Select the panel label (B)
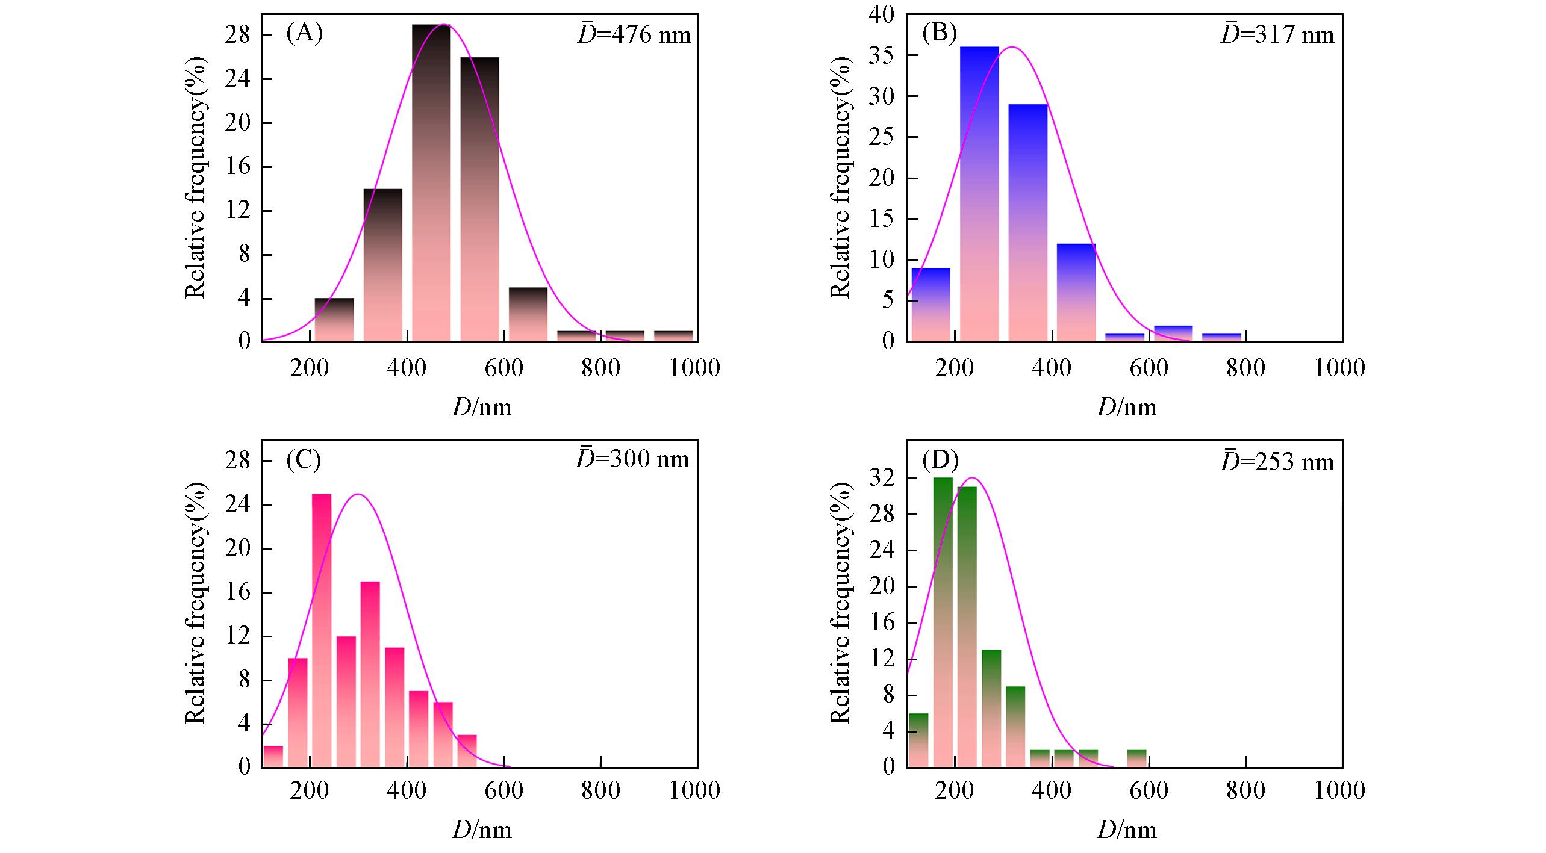point(940,34)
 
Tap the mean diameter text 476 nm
point(634,35)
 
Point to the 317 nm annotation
point(1277,35)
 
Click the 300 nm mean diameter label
point(632,459)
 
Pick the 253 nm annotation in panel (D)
point(1277,462)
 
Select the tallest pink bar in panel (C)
point(322,630)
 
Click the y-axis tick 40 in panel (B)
point(881,14)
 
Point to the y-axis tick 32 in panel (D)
point(881,479)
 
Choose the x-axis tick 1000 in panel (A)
point(694,368)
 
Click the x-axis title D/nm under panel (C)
point(482,830)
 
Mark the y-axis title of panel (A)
point(196,178)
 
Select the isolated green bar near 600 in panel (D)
point(1136,758)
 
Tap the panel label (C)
point(304,459)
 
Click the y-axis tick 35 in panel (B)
point(881,55)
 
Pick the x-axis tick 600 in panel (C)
point(503,790)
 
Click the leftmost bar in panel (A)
point(334,320)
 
